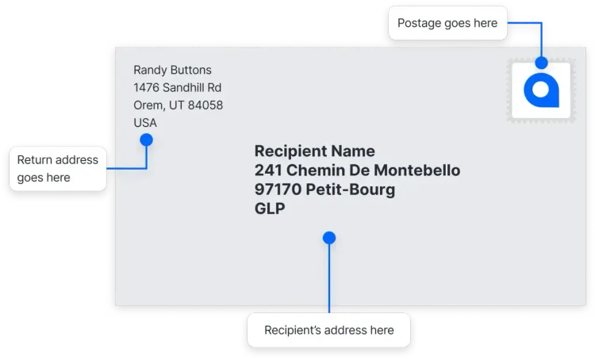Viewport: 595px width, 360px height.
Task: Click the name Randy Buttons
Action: [x=172, y=71]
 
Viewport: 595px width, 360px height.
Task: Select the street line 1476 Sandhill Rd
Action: [x=177, y=88]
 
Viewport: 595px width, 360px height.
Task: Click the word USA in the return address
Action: [x=145, y=123]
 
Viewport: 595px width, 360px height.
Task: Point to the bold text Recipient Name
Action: [x=315, y=151]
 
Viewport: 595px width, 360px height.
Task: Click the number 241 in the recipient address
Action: [x=268, y=170]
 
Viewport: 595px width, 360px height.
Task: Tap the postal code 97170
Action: [x=278, y=190]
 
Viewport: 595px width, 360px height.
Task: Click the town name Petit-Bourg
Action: [x=350, y=190]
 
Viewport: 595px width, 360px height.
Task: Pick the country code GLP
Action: [x=270, y=209]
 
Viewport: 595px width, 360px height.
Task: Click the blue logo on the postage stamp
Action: [x=541, y=90]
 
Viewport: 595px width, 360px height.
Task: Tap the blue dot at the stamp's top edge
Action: [x=542, y=63]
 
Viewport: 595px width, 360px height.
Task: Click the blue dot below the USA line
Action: [x=147, y=140]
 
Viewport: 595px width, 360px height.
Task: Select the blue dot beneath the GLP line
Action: [x=329, y=238]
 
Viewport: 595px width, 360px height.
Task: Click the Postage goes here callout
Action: [x=447, y=23]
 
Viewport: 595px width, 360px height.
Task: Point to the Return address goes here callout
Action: [x=58, y=168]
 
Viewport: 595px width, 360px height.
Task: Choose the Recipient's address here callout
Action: [x=329, y=330]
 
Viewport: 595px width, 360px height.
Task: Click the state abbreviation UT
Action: [x=176, y=105]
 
